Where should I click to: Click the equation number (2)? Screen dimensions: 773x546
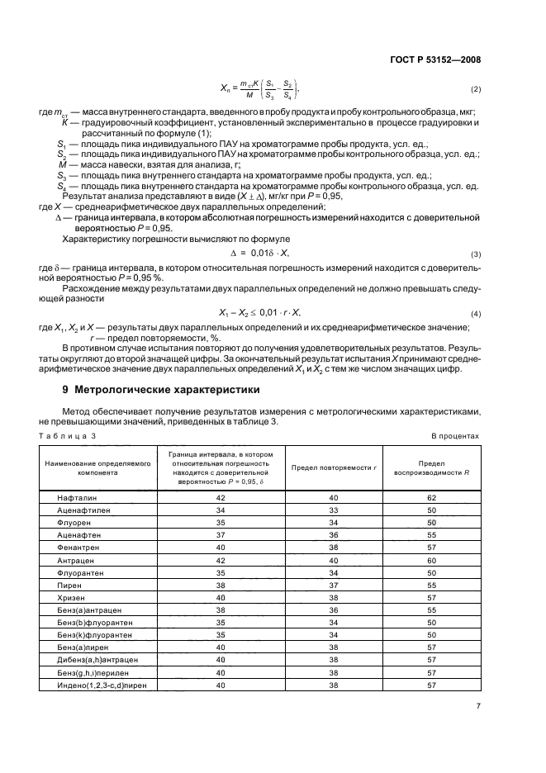click(475, 88)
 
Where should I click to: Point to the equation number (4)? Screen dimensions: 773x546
click(475, 315)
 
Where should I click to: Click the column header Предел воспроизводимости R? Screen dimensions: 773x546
click(431, 468)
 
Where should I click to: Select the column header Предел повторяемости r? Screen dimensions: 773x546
click(334, 467)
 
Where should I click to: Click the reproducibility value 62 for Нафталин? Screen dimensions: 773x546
click(431, 498)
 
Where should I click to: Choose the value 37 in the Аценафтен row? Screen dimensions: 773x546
click(221, 535)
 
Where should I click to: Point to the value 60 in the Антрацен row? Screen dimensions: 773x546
click(431, 559)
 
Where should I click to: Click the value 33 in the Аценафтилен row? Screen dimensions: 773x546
click(334, 510)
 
